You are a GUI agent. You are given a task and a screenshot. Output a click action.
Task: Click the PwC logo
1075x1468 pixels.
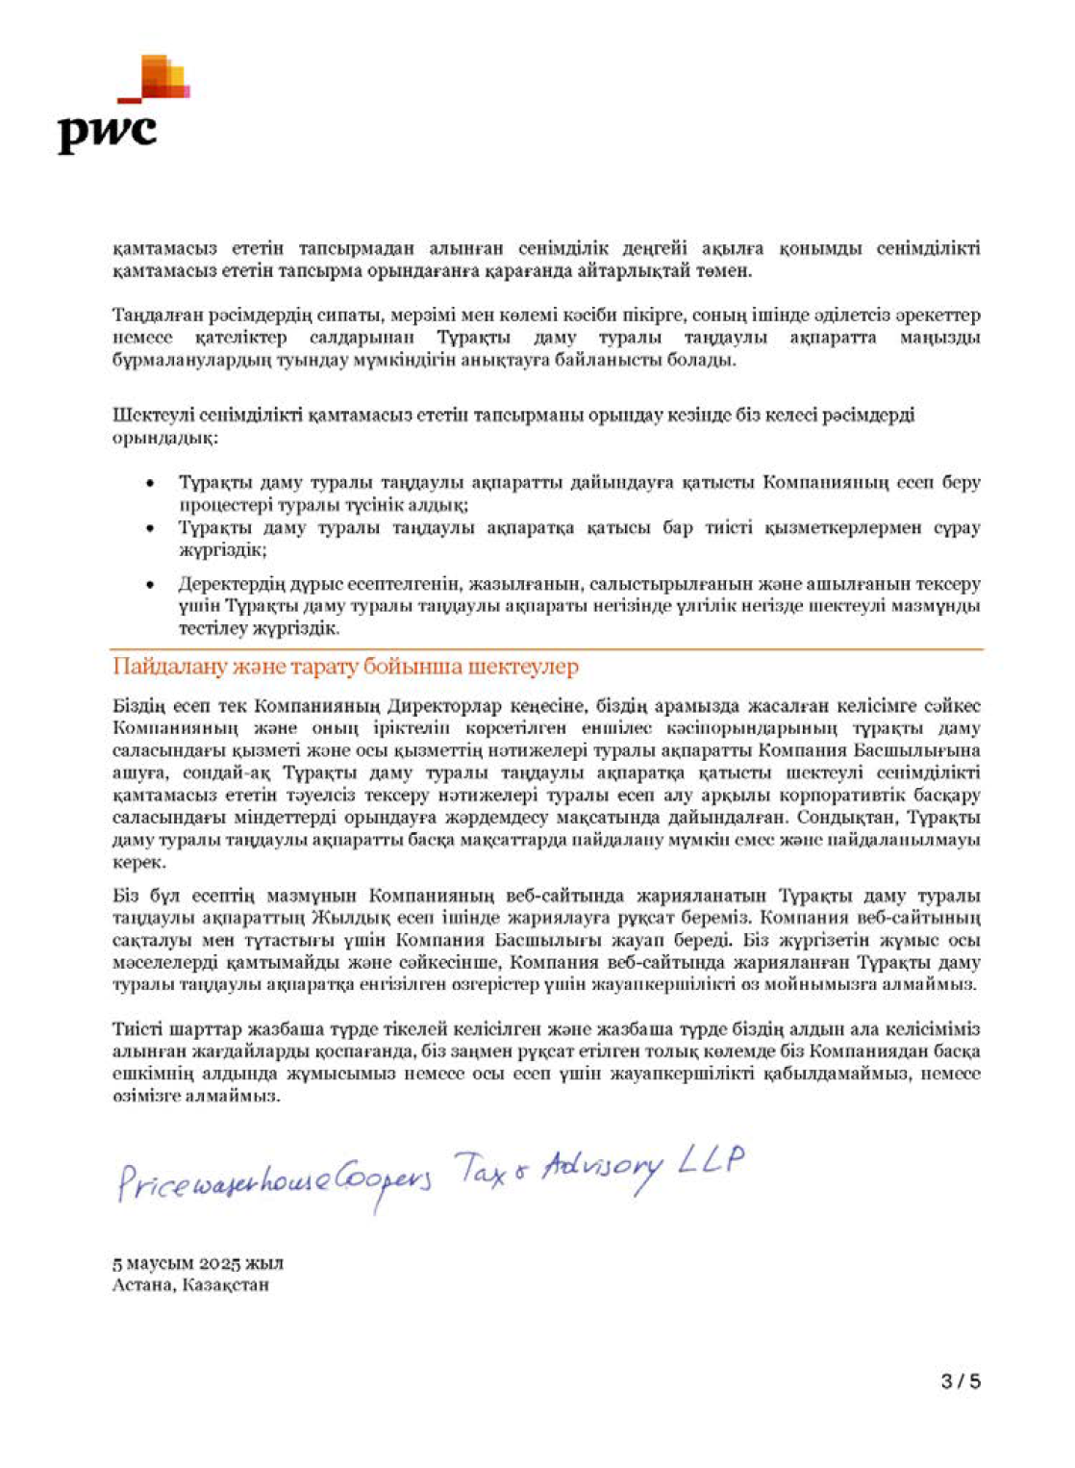(121, 106)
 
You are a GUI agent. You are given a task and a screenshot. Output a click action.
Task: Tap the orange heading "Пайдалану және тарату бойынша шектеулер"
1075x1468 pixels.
(345, 667)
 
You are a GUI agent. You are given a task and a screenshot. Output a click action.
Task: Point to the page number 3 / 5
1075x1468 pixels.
(961, 1381)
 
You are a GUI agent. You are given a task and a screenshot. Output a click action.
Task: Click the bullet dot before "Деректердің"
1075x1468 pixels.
(149, 585)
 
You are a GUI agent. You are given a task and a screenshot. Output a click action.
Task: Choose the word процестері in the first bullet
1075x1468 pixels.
(224, 504)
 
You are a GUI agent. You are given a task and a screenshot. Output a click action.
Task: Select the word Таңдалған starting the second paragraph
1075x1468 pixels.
(154, 316)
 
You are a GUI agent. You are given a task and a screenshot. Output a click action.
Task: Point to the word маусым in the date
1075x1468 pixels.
(159, 1263)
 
